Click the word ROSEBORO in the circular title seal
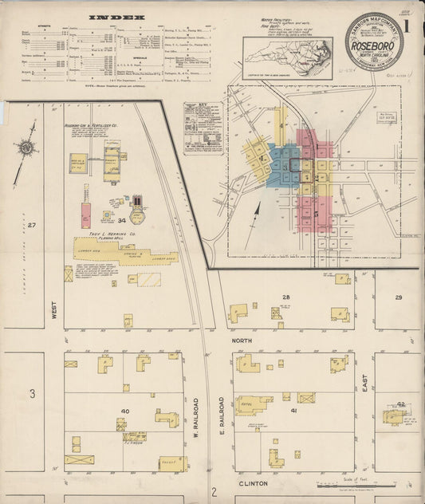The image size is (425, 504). click(x=374, y=45)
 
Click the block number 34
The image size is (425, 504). click(x=122, y=219)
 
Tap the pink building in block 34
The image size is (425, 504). click(x=85, y=215)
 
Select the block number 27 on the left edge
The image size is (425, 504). click(x=32, y=226)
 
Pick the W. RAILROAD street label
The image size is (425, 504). click(x=195, y=422)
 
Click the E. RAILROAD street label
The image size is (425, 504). click(x=225, y=422)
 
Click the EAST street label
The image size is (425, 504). click(x=365, y=385)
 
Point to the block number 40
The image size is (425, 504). click(x=124, y=411)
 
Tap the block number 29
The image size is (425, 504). click(x=398, y=297)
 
